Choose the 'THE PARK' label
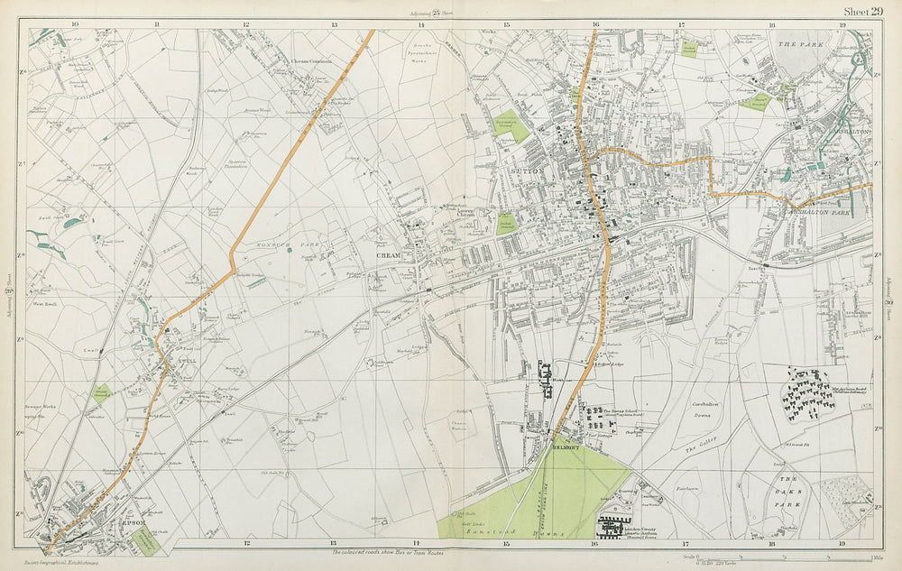(x=795, y=42)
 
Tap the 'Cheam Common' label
(x=311, y=61)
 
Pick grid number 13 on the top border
(x=333, y=24)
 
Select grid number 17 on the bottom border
(x=684, y=544)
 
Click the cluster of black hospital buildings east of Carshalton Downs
(x=807, y=393)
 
